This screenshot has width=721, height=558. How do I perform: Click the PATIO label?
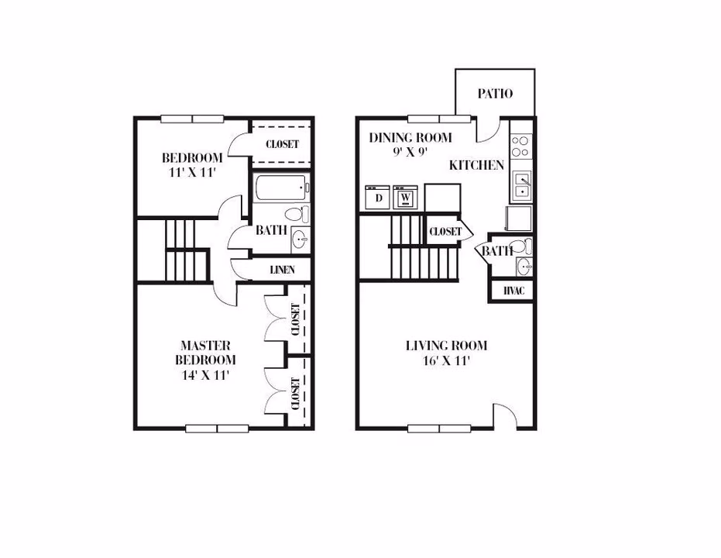[495, 94]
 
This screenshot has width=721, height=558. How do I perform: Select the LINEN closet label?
[281, 270]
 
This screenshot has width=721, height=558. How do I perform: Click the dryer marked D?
[378, 198]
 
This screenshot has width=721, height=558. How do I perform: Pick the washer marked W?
[405, 198]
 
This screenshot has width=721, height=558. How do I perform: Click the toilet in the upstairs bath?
[295, 214]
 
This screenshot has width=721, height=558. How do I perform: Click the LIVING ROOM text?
[446, 346]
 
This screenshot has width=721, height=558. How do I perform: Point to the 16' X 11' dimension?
[446, 360]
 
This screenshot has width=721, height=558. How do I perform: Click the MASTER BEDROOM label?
[205, 353]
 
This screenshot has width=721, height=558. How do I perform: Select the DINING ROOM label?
[410, 138]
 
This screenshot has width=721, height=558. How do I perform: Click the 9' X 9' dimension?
[410, 153]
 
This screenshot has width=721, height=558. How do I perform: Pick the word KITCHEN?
[476, 165]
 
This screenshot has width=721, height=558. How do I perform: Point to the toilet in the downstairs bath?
[525, 247]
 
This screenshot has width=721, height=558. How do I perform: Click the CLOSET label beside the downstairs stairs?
[445, 232]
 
